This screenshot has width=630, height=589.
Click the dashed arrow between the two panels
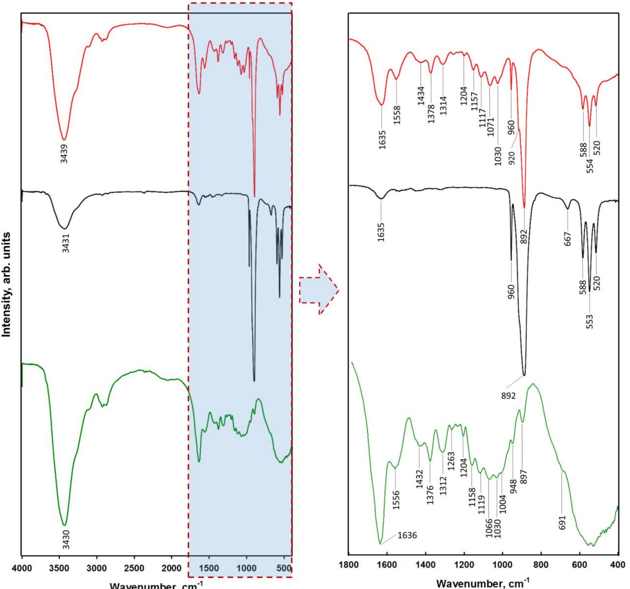(318, 289)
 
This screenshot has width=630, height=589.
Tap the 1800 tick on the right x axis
(349, 565)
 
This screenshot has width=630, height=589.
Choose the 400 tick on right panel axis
(618, 565)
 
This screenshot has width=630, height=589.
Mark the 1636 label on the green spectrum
(407, 535)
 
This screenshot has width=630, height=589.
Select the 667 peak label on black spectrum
(567, 239)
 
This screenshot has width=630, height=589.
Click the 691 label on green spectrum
(562, 522)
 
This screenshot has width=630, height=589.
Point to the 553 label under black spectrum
(589, 321)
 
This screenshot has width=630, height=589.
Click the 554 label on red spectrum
(590, 166)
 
